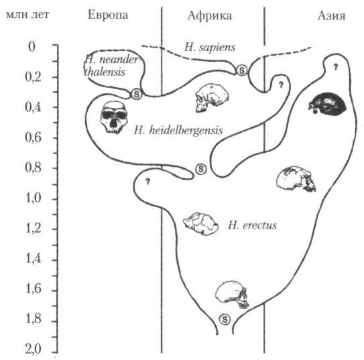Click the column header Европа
(x=108, y=16)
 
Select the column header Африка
(x=210, y=16)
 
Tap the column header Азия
(x=331, y=16)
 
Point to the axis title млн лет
(x=27, y=15)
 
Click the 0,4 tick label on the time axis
(x=34, y=107)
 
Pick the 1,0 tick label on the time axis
(x=34, y=199)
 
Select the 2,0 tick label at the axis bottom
(x=34, y=349)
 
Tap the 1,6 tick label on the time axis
(x=34, y=289)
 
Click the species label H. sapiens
(x=210, y=48)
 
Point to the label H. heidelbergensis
(x=178, y=131)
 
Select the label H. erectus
(x=252, y=225)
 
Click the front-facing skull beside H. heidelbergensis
(x=114, y=117)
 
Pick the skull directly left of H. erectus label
(x=201, y=224)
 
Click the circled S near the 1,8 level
(x=225, y=319)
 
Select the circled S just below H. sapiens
(x=242, y=70)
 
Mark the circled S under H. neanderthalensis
(x=137, y=95)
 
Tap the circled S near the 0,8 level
(x=201, y=169)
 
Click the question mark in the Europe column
(x=147, y=182)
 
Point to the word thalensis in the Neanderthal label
(x=105, y=72)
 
